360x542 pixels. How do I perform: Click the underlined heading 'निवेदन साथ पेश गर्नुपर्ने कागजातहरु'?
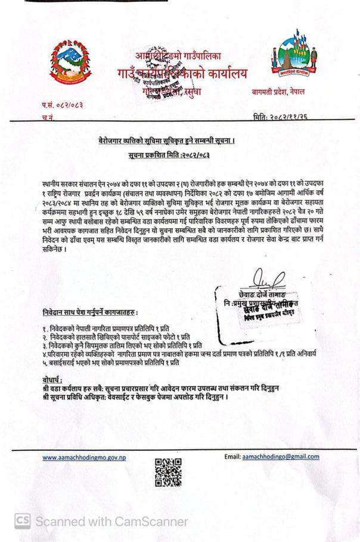pos(91,312)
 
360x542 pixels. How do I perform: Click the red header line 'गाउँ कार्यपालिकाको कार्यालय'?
pos(182,76)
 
